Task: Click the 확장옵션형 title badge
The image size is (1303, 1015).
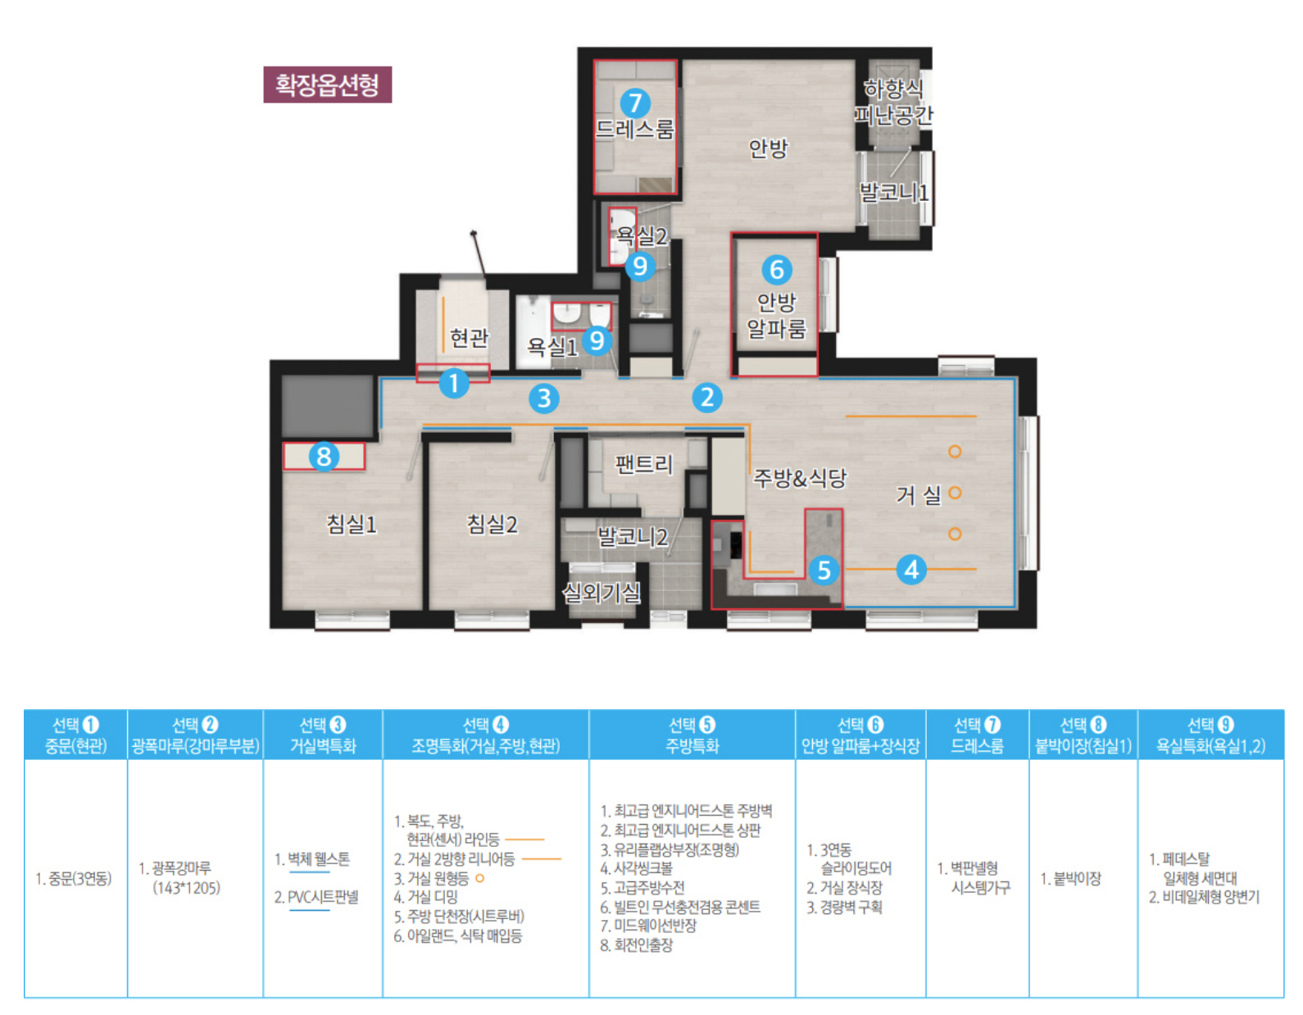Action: coord(328,84)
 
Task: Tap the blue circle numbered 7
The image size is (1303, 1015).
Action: coord(635,103)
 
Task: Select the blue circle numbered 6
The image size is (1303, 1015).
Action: coord(777,270)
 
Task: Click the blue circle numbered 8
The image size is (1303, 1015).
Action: coord(324,456)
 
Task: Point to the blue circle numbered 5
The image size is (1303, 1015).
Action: coord(824,570)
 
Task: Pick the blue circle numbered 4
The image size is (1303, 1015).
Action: coord(911,569)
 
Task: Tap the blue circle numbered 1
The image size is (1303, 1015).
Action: coord(454,383)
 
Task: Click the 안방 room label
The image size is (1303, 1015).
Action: coord(768,148)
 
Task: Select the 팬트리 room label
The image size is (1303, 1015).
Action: coord(644,464)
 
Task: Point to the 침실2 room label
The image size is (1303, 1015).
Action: coord(492,524)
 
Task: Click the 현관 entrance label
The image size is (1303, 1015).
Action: coord(469,338)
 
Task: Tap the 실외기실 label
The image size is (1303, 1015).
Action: coord(601,593)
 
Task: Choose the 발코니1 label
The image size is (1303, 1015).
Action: coord(894,192)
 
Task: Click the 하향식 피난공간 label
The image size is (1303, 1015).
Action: coord(893,102)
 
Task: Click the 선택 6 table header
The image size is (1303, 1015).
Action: coord(860,735)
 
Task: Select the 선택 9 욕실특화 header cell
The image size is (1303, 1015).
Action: coord(1210,735)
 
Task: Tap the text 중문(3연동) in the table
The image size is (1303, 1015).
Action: coord(75,879)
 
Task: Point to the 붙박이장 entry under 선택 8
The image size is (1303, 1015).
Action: coord(1071,879)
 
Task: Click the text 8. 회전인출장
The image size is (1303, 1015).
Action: coord(637,944)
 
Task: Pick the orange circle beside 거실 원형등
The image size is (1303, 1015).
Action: coord(479,878)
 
